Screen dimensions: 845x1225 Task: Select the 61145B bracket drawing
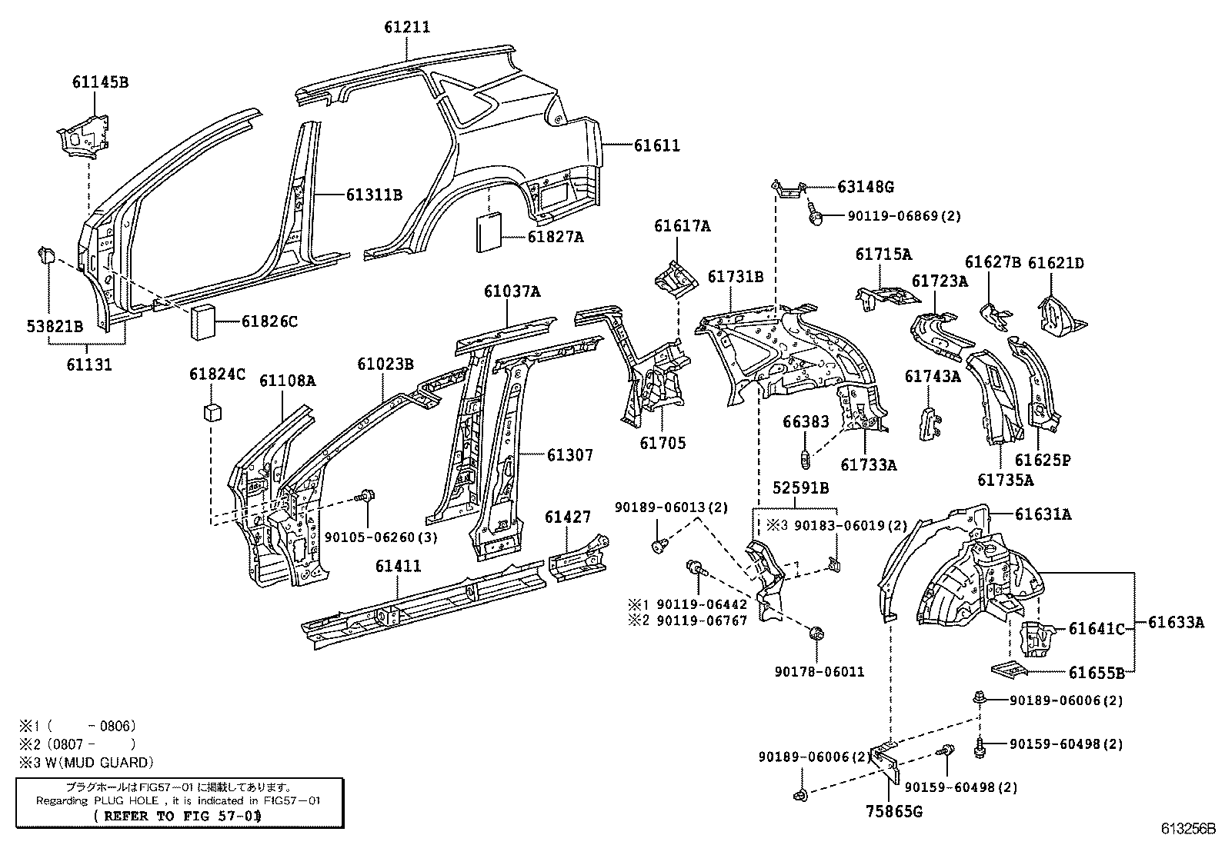[82, 134]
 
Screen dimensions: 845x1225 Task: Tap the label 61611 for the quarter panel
[656, 145]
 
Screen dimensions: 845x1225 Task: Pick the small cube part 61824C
[212, 413]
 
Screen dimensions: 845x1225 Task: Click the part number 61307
[570, 455]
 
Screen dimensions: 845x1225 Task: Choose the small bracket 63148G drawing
[788, 189]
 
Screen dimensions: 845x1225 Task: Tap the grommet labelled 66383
[805, 461]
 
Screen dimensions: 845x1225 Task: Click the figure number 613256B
[1187, 829]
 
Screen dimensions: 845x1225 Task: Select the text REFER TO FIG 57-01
[176, 817]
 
